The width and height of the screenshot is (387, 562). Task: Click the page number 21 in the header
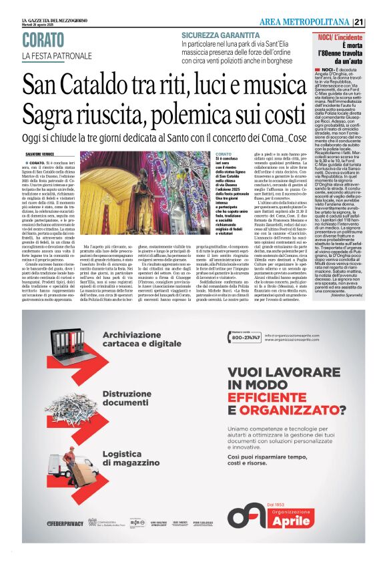coord(378,23)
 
